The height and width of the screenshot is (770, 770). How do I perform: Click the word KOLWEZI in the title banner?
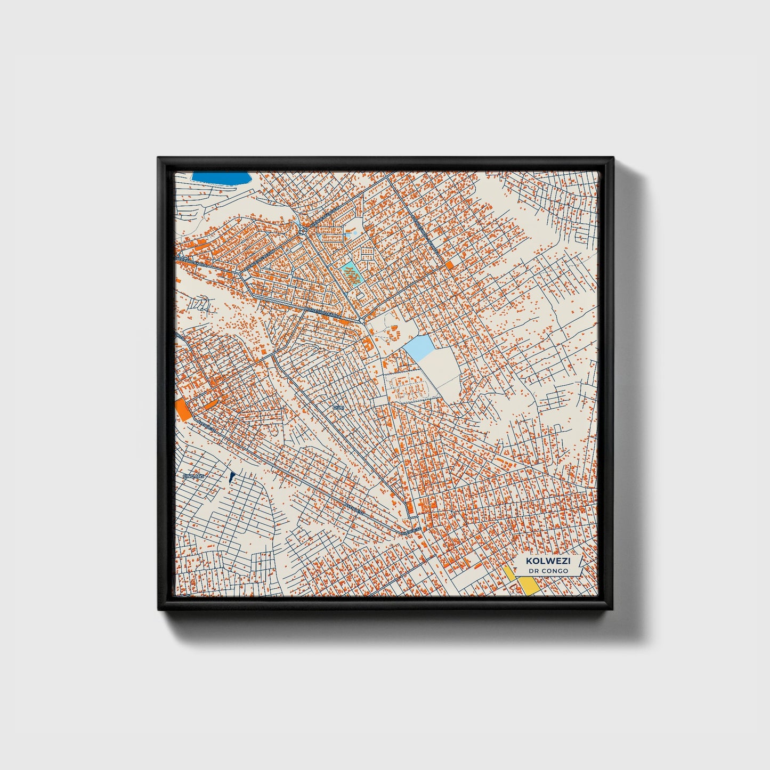[547, 561]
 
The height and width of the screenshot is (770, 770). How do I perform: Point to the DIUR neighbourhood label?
[338, 407]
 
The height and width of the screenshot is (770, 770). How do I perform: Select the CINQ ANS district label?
[193, 476]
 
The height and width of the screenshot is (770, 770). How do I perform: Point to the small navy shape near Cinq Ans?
[231, 477]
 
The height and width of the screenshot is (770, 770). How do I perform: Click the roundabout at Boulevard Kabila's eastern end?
[362, 321]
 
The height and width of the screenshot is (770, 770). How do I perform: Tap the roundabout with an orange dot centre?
[302, 230]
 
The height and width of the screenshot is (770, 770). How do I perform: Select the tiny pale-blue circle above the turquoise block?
[355, 233]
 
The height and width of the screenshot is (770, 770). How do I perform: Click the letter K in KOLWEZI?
[529, 561]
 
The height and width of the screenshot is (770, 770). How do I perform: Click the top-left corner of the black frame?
[159, 158]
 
